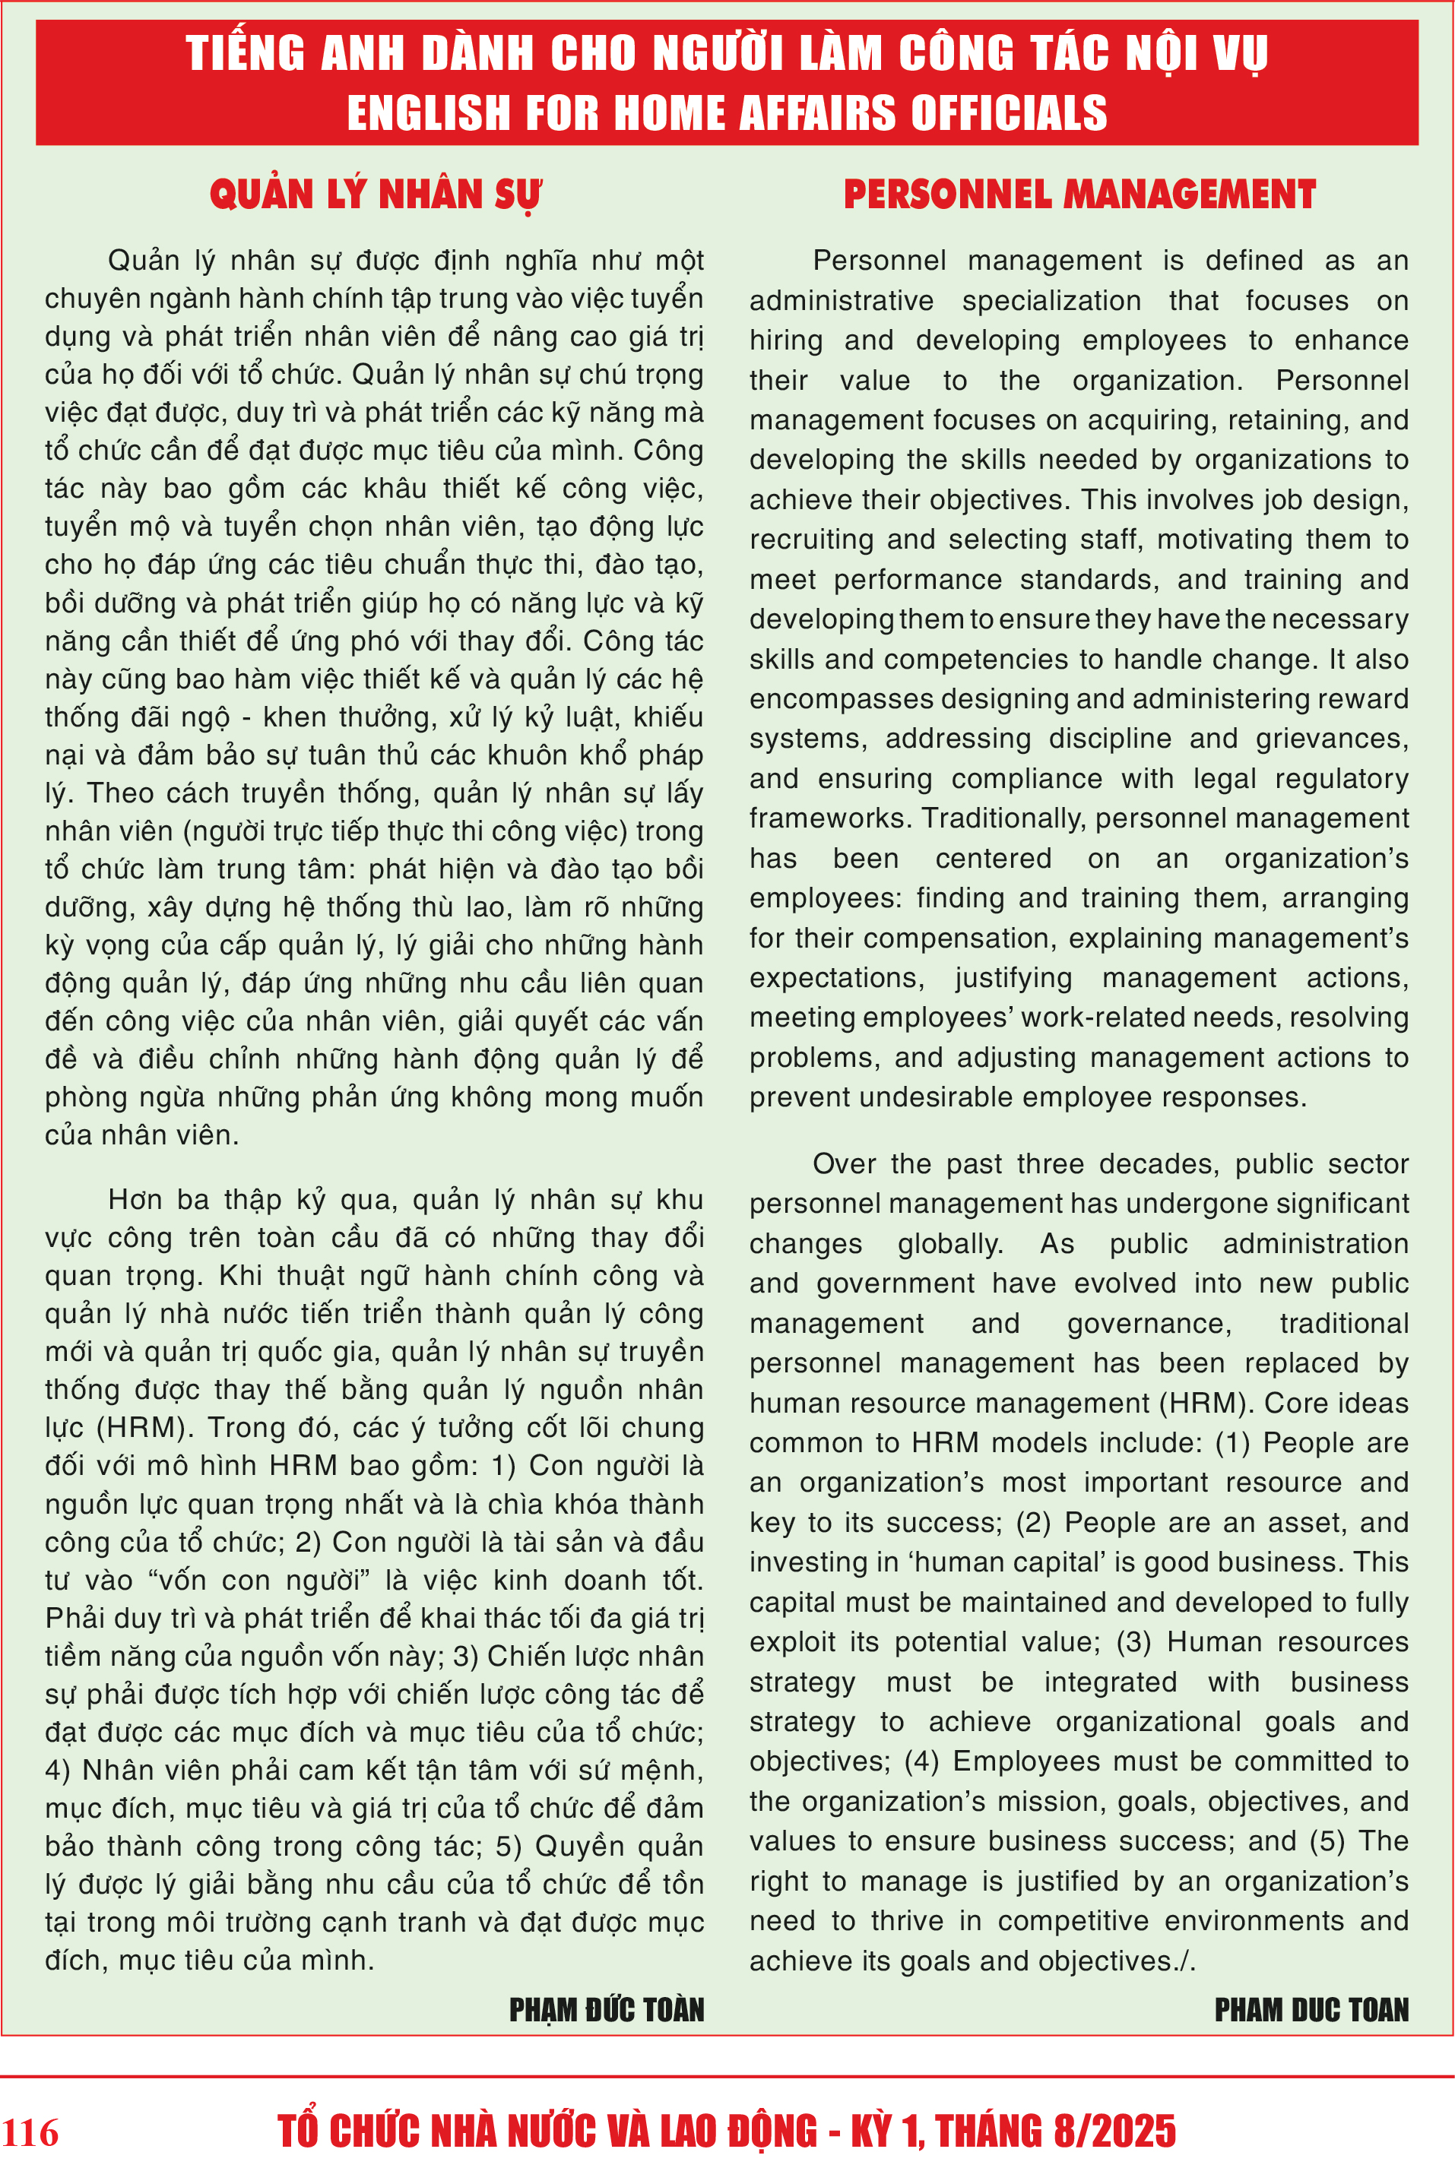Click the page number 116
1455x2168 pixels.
click(30, 2133)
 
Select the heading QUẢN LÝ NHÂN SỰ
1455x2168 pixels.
click(375, 195)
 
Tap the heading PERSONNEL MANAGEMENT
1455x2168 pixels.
click(1079, 195)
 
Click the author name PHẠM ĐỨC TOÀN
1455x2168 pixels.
click(606, 2009)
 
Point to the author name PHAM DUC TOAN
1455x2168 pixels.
click(1311, 2009)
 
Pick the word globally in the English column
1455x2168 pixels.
click(950, 1243)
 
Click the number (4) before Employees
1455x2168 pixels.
click(921, 1761)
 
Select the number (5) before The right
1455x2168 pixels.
click(1327, 1840)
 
